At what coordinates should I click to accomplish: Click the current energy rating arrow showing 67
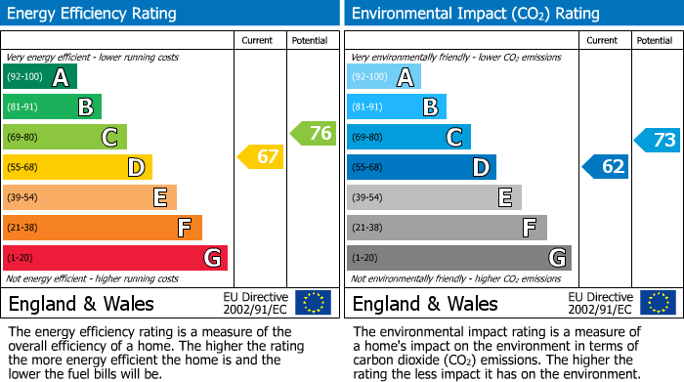pyautogui.click(x=261, y=156)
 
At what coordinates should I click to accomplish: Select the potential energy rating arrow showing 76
pyautogui.click(x=314, y=133)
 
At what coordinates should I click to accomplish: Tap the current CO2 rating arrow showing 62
pyautogui.click(x=606, y=166)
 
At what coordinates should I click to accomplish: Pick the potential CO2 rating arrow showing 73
pyautogui.click(x=658, y=140)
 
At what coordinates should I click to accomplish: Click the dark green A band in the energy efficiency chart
pyautogui.click(x=40, y=77)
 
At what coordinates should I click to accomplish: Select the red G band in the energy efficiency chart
pyautogui.click(x=115, y=258)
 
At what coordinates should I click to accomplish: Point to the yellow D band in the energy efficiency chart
pyautogui.click(x=77, y=167)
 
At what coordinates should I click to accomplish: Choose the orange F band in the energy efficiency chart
pyautogui.click(x=103, y=228)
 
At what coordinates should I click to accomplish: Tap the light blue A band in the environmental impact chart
pyautogui.click(x=384, y=77)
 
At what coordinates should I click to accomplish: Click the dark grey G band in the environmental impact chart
pyautogui.click(x=458, y=258)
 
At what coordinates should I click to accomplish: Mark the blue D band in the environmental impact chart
pyautogui.click(x=421, y=167)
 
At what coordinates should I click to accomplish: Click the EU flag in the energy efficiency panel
pyautogui.click(x=313, y=302)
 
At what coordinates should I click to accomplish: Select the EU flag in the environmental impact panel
pyautogui.click(x=658, y=302)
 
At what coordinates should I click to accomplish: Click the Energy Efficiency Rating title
pyautogui.click(x=93, y=14)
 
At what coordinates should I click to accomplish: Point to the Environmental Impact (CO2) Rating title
pyautogui.click(x=475, y=14)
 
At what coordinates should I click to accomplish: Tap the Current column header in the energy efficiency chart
pyautogui.click(x=258, y=40)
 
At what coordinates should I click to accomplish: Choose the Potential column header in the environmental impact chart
pyautogui.click(x=655, y=40)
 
